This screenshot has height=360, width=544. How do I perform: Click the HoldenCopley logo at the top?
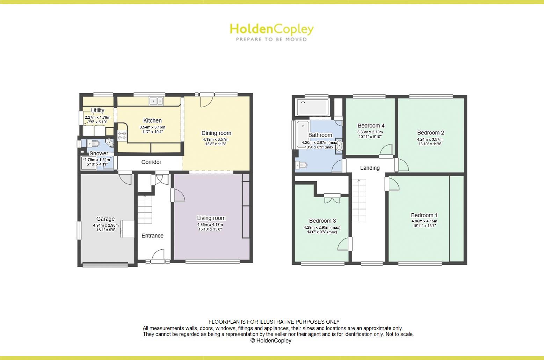pyautogui.click(x=271, y=31)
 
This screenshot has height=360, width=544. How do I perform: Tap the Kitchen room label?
pyautogui.click(x=152, y=120)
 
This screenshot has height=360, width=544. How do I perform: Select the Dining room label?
pyautogui.click(x=216, y=133)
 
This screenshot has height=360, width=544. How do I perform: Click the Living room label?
pyautogui.click(x=211, y=218)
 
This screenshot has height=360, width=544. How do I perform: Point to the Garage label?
pyautogui.click(x=106, y=219)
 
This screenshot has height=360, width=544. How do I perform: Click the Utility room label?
pyautogui.click(x=97, y=110)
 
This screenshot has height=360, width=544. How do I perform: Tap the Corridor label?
pyautogui.click(x=151, y=162)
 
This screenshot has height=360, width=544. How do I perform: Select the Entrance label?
pyautogui.click(x=152, y=236)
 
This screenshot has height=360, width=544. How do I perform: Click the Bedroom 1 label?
pyautogui.click(x=424, y=215)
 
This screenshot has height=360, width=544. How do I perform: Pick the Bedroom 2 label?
pyautogui.click(x=430, y=133)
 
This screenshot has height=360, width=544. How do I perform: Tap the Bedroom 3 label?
pyautogui.click(x=322, y=221)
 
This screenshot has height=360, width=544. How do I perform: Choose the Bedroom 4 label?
pyautogui.click(x=371, y=126)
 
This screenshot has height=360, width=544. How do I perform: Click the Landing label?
pyautogui.click(x=370, y=168)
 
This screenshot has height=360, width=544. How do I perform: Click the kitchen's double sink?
pyautogui.click(x=157, y=101)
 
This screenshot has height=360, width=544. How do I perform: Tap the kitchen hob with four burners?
pyautogui.click(x=122, y=135)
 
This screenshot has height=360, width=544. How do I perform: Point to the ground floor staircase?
pyautogui.click(x=145, y=209)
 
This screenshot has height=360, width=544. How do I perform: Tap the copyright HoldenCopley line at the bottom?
pyautogui.click(x=271, y=340)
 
